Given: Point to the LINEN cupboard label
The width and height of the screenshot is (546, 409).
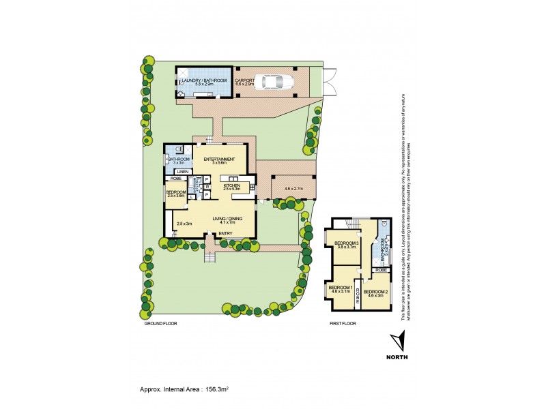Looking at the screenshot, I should (182, 171).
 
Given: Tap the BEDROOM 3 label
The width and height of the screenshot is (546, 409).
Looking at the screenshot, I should (347, 243).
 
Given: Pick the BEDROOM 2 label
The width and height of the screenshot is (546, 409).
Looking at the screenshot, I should (377, 292).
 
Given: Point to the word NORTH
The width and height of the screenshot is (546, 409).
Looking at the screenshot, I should (399, 357).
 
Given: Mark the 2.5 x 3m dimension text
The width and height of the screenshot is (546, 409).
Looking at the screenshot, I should (184, 224).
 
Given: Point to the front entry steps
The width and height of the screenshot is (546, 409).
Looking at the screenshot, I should (210, 257).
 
